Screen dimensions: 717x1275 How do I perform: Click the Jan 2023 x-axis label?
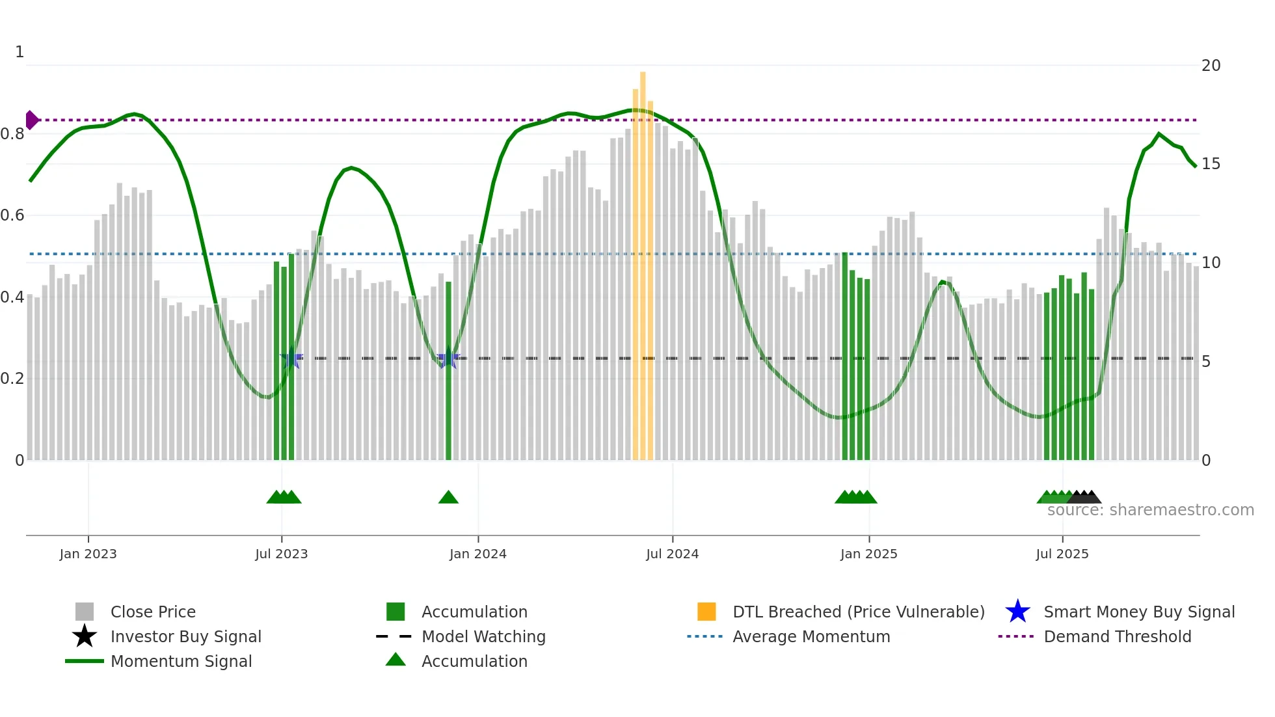tap(88, 554)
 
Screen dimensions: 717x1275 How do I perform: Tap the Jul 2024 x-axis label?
tap(672, 554)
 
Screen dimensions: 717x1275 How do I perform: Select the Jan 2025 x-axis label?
tap(868, 554)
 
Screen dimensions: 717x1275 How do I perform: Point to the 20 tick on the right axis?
tap(1211, 66)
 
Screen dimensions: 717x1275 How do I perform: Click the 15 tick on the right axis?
tap(1211, 164)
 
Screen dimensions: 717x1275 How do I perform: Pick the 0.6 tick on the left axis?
tap(12, 215)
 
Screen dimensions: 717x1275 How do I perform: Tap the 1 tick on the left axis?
tap(20, 52)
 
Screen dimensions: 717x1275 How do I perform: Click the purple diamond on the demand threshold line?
tap(31, 120)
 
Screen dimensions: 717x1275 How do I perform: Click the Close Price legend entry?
tap(153, 612)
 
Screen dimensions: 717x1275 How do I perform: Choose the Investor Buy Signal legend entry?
tap(185, 637)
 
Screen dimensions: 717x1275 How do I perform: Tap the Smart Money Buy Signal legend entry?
tap(1138, 612)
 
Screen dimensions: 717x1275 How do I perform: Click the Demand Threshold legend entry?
tap(1117, 637)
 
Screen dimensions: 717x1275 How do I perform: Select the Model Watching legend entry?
tap(483, 637)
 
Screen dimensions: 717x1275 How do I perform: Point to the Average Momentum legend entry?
tap(811, 637)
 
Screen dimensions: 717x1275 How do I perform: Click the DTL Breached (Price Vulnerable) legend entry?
tap(858, 612)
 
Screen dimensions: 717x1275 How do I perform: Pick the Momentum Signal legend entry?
tap(181, 662)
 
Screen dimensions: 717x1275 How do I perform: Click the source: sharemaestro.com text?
tap(1150, 510)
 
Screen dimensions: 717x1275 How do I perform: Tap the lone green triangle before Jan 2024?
tap(448, 498)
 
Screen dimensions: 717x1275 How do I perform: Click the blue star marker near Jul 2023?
tap(291, 358)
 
